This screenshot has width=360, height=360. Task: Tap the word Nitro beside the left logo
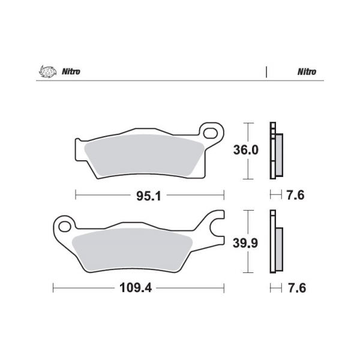point(70,71)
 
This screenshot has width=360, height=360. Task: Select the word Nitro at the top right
point(306,71)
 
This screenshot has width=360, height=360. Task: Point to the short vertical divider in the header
point(266,71)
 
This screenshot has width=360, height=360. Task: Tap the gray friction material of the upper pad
point(144,155)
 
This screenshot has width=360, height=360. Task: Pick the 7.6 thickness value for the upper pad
point(296,194)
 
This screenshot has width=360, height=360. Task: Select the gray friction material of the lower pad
point(132,249)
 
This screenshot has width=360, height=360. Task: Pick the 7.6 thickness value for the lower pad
point(296,288)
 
